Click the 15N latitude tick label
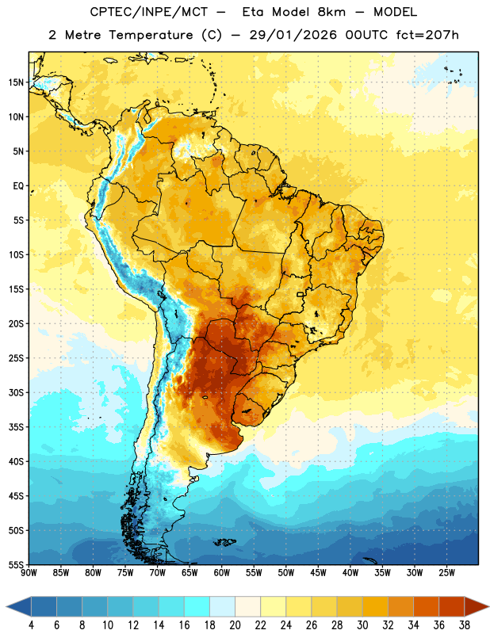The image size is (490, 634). pyautogui.click(x=16, y=82)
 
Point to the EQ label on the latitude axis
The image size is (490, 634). pyautogui.click(x=18, y=186)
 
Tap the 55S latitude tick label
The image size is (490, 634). pyautogui.click(x=16, y=564)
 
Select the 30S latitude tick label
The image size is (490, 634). pyautogui.click(x=16, y=392)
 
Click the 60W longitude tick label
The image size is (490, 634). pyautogui.click(x=222, y=573)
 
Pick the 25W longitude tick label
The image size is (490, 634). pyautogui.click(x=446, y=573)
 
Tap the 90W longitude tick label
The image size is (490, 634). pyautogui.click(x=29, y=573)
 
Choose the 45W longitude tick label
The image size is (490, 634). pyautogui.click(x=318, y=573)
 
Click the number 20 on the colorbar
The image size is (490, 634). pyautogui.click(x=235, y=625)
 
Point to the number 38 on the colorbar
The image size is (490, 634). pyautogui.click(x=465, y=625)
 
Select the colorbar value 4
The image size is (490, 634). pyautogui.click(x=31, y=625)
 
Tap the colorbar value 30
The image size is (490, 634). pyautogui.click(x=362, y=625)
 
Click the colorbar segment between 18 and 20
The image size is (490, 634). pyautogui.click(x=223, y=606)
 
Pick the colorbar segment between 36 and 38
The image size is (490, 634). pyautogui.click(x=452, y=606)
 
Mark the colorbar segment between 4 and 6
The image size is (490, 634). pyautogui.click(x=44, y=606)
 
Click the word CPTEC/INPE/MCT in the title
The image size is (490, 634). pyautogui.click(x=149, y=12)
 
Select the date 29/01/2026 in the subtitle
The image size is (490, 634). pyautogui.click(x=293, y=35)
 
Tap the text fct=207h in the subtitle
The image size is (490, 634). pyautogui.click(x=427, y=35)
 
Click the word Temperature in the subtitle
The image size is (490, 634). pyautogui.click(x=151, y=35)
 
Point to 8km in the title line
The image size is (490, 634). pyautogui.click(x=331, y=12)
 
